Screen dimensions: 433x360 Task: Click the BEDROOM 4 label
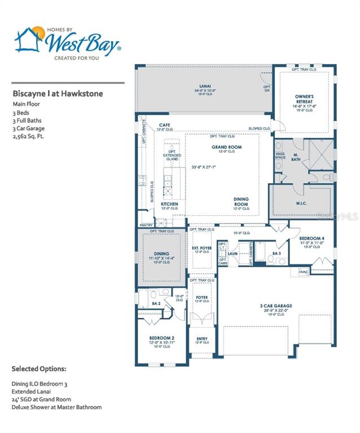[312, 238]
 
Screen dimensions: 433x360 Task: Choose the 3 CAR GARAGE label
[276, 306]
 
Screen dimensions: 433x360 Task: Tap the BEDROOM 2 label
[157, 338]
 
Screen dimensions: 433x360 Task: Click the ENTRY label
[201, 339]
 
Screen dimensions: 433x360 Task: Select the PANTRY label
[146, 225]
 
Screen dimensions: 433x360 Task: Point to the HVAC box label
[303, 273]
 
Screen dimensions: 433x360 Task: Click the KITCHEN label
[169, 204]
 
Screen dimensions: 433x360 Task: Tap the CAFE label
[165, 125]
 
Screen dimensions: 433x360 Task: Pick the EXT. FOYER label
[201, 248]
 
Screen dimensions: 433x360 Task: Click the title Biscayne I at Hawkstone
[58, 94]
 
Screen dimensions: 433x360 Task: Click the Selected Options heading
[39, 369]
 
